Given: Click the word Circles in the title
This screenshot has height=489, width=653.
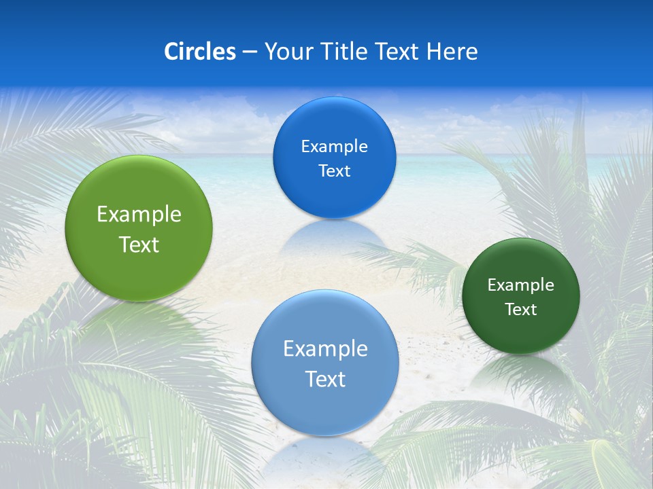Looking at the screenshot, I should [200, 52].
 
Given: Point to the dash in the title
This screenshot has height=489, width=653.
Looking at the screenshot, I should [250, 52].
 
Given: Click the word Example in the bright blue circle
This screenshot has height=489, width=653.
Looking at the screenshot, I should [334, 147].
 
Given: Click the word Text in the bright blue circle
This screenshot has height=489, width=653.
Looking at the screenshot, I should [334, 170].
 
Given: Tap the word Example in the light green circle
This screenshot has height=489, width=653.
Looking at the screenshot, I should [139, 215].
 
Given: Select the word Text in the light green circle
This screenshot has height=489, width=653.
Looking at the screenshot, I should [139, 244].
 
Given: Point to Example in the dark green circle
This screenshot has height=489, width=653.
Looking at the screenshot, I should [520, 285].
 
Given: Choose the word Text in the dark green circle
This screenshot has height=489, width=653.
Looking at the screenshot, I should [520, 310].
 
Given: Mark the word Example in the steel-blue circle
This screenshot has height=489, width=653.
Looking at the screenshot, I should [325, 349].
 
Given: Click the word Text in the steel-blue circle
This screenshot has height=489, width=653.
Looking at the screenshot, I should [325, 379].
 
